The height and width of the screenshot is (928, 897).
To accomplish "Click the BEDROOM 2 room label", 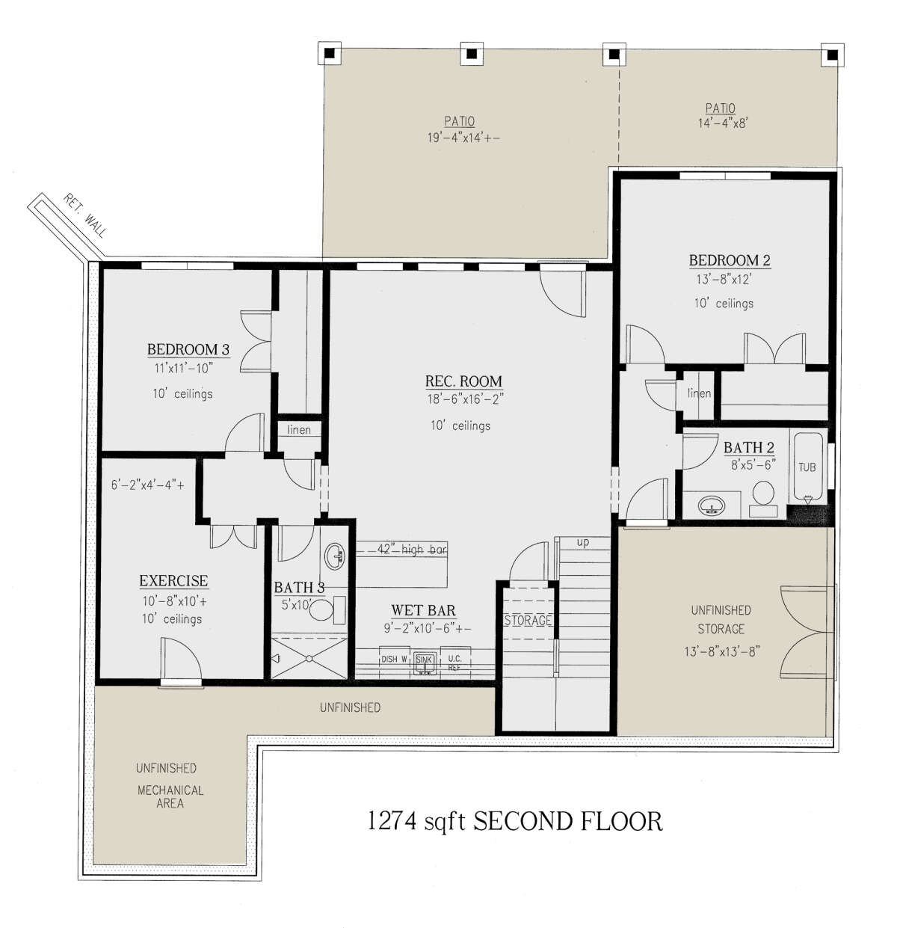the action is (x=730, y=260).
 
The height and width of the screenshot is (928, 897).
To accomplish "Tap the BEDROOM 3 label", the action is (x=188, y=349).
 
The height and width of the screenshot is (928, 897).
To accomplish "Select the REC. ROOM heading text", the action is (x=463, y=381).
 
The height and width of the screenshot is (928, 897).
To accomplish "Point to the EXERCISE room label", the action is (x=173, y=580).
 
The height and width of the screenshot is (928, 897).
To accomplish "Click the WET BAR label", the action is (x=423, y=610).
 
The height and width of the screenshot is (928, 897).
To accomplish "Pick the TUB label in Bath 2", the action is (x=807, y=467).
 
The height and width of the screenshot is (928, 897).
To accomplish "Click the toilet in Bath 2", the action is (x=762, y=498).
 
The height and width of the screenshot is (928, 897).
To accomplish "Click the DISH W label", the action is (x=394, y=660).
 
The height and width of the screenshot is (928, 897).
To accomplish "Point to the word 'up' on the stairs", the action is (x=582, y=542).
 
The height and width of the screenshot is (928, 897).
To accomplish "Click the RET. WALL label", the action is (x=84, y=215).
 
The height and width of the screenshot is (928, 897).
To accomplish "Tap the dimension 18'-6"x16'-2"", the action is (x=465, y=399).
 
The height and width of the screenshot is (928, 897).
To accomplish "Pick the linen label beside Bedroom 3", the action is (x=299, y=430).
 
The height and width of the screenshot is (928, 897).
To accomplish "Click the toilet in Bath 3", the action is (x=327, y=610).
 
